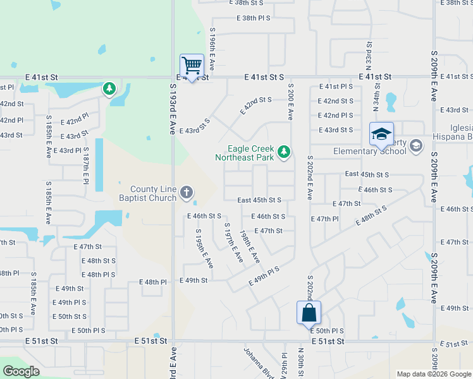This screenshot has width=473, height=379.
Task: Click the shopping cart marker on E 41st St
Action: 192,66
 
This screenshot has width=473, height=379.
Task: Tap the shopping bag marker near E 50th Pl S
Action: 309,313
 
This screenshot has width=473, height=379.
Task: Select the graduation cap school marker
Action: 382,135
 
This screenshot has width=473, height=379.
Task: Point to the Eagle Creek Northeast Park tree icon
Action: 285,150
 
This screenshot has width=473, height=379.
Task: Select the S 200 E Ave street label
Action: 290,102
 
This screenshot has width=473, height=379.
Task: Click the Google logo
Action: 21,371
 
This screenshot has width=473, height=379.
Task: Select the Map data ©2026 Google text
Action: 434,374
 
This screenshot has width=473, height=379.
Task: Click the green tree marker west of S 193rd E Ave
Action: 109,88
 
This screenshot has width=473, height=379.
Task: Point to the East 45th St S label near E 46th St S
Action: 259,200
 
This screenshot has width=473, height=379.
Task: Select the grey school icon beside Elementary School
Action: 415,146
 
